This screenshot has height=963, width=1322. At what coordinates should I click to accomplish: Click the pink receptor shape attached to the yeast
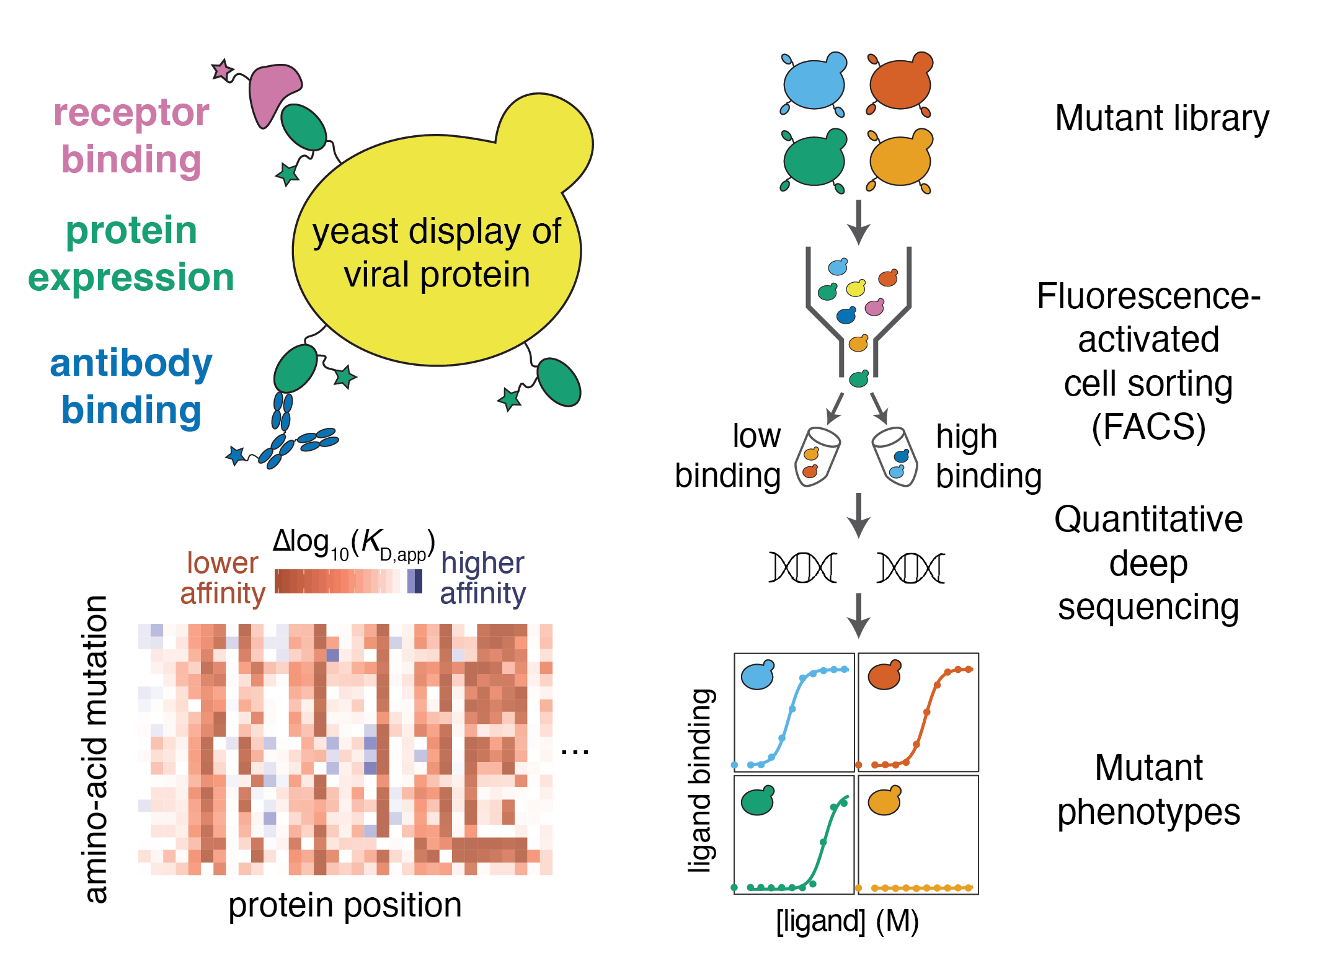[273, 91]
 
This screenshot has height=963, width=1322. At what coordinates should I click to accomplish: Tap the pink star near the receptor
[222, 70]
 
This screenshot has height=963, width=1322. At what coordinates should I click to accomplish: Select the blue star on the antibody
[236, 456]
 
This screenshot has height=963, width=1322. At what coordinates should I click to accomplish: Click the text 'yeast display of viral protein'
[437, 252]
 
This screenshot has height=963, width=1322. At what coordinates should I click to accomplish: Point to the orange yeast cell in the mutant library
[900, 83]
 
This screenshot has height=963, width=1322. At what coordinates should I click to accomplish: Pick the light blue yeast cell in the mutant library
[814, 83]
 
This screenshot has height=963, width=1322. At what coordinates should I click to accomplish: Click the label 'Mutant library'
[1161, 118]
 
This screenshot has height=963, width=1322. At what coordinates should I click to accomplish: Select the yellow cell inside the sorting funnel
[856, 288]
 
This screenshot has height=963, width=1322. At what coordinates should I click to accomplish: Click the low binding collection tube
[817, 457]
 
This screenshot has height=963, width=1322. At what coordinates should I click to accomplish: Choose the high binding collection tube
[895, 457]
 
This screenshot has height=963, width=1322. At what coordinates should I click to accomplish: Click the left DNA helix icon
[802, 567]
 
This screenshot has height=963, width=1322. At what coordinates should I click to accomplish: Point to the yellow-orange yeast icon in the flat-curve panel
[884, 801]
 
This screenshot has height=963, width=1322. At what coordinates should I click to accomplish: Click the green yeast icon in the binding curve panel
[758, 801]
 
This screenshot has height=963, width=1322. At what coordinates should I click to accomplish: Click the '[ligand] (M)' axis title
[847, 921]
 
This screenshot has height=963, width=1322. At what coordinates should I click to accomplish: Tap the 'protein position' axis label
[345, 905]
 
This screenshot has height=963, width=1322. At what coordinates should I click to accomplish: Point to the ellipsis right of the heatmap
[574, 752]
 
